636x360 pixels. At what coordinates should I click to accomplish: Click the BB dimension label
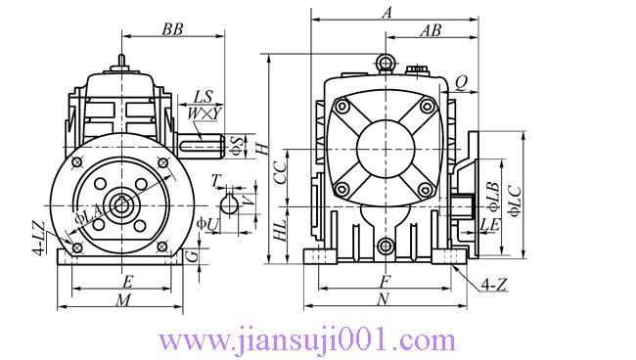click(x=173, y=29)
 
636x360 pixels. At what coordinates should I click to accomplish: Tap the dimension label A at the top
click(x=387, y=13)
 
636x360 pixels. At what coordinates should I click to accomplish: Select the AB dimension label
click(x=431, y=30)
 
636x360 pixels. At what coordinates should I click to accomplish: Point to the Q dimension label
click(x=461, y=83)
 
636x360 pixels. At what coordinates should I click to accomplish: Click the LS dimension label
click(x=203, y=97)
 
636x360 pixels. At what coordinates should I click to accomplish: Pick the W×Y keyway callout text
click(x=204, y=113)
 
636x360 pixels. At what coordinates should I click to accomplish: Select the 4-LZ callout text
click(x=39, y=238)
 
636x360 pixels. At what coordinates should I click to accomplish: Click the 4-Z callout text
click(x=494, y=285)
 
